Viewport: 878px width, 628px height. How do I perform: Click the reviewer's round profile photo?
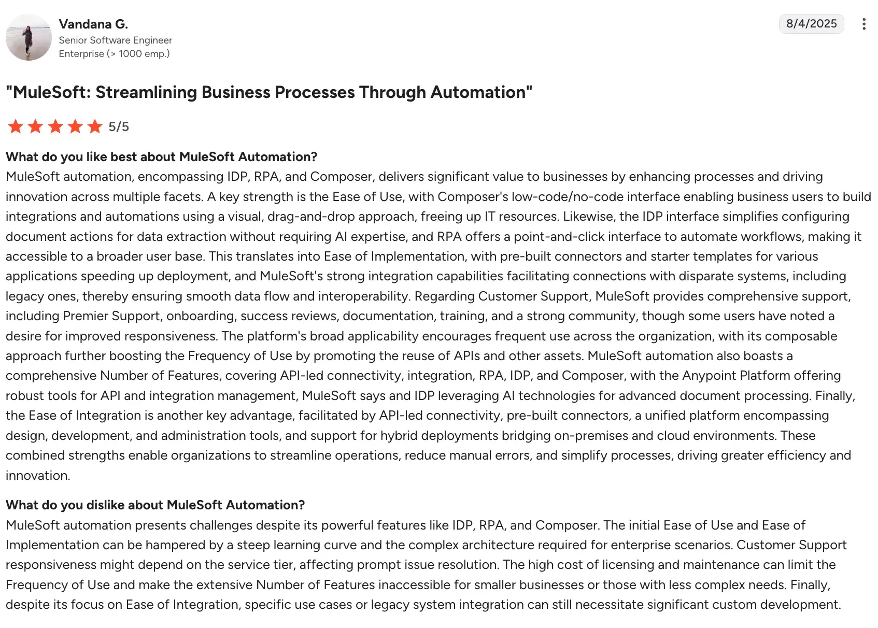click(x=29, y=38)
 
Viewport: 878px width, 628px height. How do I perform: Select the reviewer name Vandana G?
click(x=93, y=24)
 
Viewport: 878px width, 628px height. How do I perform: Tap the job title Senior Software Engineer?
click(x=115, y=40)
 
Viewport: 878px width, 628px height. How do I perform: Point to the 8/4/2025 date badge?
click(x=811, y=24)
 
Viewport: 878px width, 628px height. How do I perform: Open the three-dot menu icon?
click(x=863, y=24)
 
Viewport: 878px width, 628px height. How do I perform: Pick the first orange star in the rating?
click(x=16, y=126)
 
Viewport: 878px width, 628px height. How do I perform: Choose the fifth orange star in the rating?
click(x=95, y=126)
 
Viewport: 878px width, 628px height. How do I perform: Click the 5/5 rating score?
click(x=119, y=126)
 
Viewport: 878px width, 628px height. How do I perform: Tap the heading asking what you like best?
click(x=161, y=156)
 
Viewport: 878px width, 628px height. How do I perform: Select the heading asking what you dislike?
click(x=155, y=505)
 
